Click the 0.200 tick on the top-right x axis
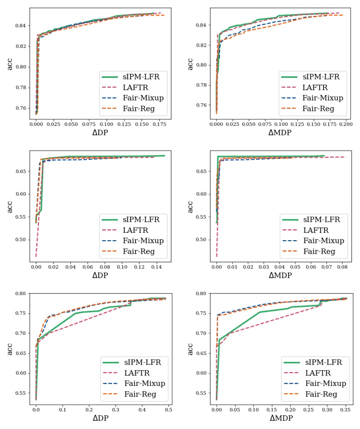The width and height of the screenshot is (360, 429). [x=346, y=124]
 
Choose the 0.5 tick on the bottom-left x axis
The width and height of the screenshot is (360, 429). [x=168, y=409]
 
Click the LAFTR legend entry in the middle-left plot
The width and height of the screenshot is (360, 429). [x=136, y=230]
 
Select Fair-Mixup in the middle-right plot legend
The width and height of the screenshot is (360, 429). [x=323, y=241]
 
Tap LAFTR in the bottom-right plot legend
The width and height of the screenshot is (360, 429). [x=318, y=373]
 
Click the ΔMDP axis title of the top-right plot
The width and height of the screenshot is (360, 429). [x=281, y=133]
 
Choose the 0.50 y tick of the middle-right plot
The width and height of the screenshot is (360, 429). [x=201, y=239]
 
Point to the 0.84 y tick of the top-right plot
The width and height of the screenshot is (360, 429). [x=201, y=25]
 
